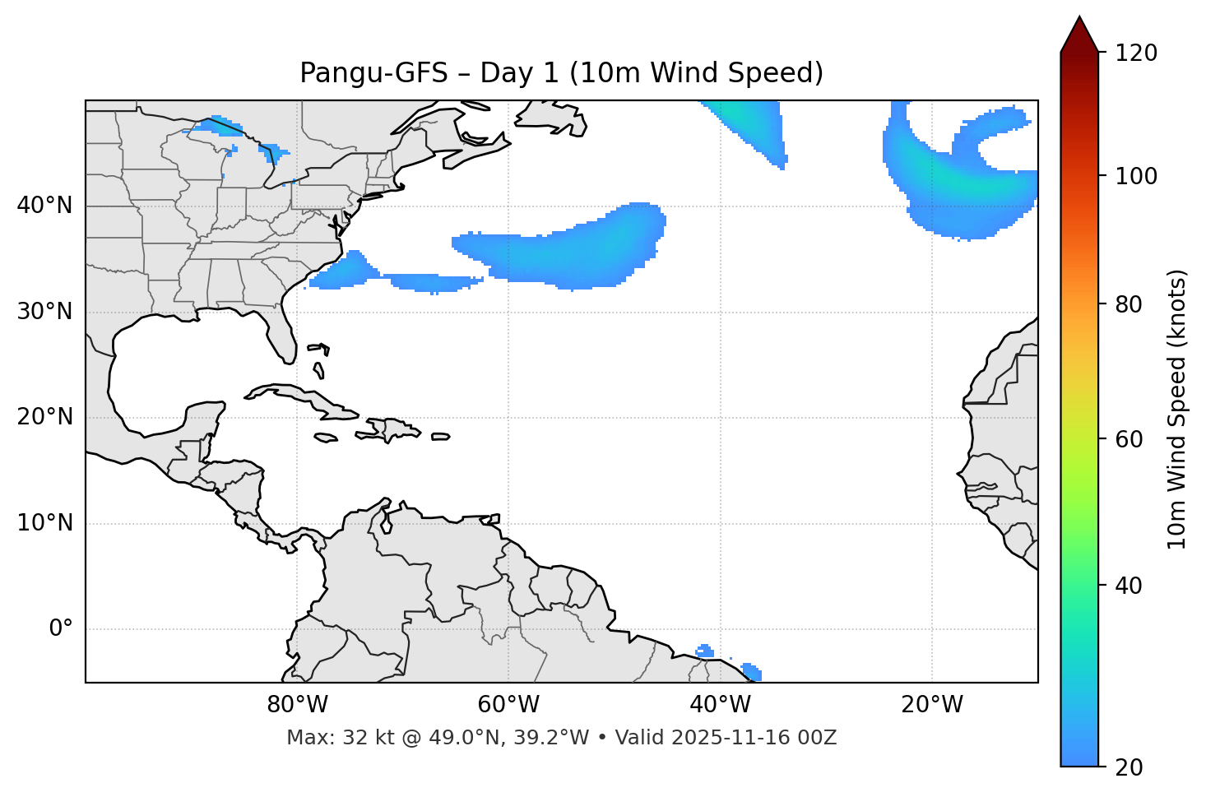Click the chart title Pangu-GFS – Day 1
click(x=561, y=73)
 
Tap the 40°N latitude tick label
click(x=44, y=206)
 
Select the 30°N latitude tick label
click(x=44, y=312)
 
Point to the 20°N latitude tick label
click(x=44, y=417)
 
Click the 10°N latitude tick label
click(x=44, y=523)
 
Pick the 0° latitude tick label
click(x=61, y=629)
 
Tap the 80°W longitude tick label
click(x=297, y=705)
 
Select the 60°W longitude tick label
click(x=508, y=705)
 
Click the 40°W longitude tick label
click(x=720, y=705)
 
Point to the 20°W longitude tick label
click(x=932, y=705)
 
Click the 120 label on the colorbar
click(x=1135, y=53)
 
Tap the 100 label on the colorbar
click(x=1135, y=176)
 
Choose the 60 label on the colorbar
click(x=1129, y=439)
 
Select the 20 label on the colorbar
click(x=1129, y=767)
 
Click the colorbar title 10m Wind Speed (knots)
click(x=1177, y=409)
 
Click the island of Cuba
click(x=296, y=395)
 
